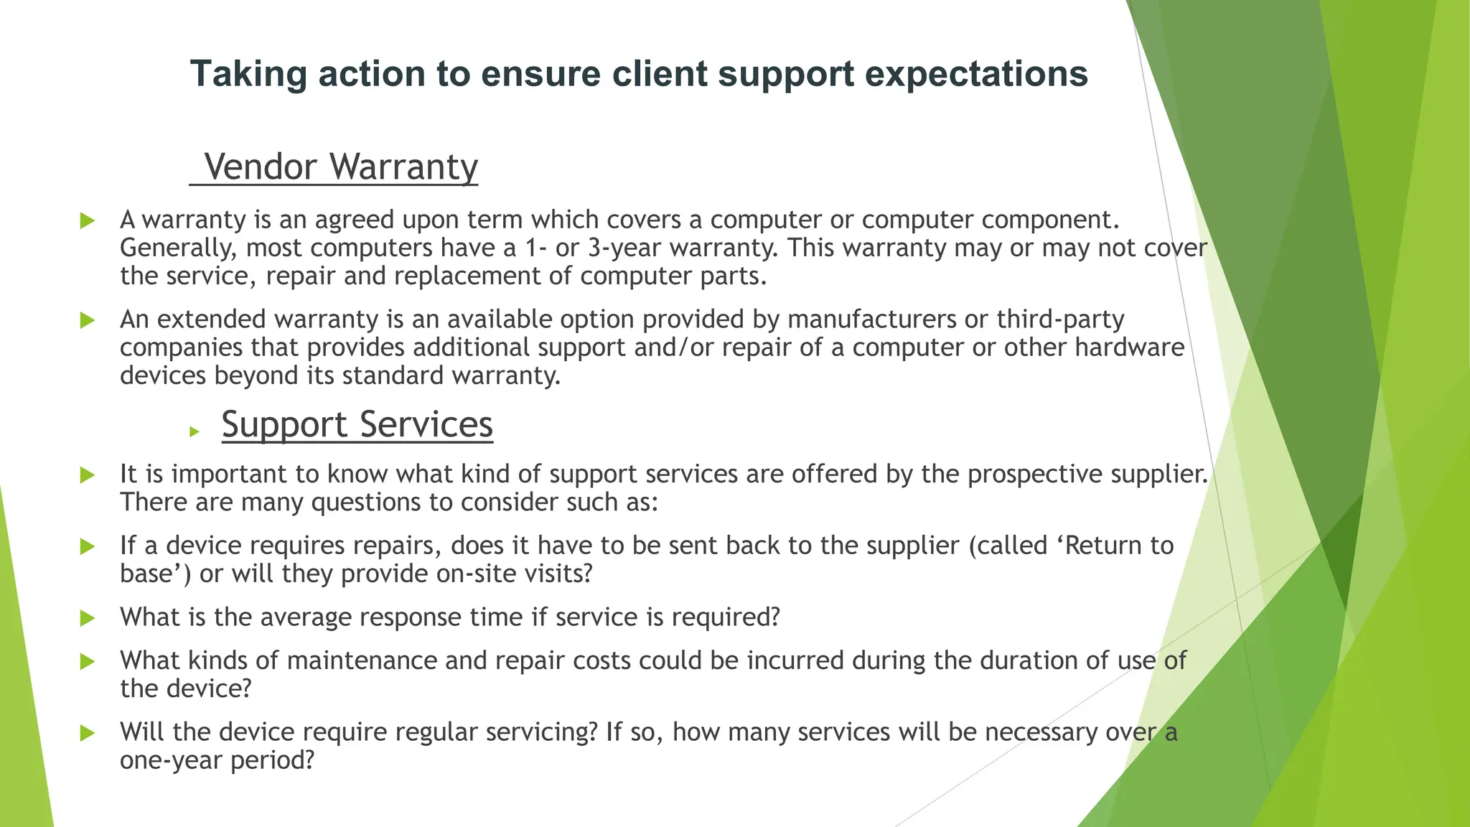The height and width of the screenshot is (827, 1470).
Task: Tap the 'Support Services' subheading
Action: tap(357, 424)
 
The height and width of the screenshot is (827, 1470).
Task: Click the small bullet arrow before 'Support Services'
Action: tap(194, 431)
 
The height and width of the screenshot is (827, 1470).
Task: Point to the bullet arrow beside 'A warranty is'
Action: tap(88, 220)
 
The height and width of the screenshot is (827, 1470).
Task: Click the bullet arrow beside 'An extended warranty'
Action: tap(88, 320)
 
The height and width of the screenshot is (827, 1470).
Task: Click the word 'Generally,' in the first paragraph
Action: tap(179, 248)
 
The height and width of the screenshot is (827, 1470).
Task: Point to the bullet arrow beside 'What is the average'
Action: tap(88, 618)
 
